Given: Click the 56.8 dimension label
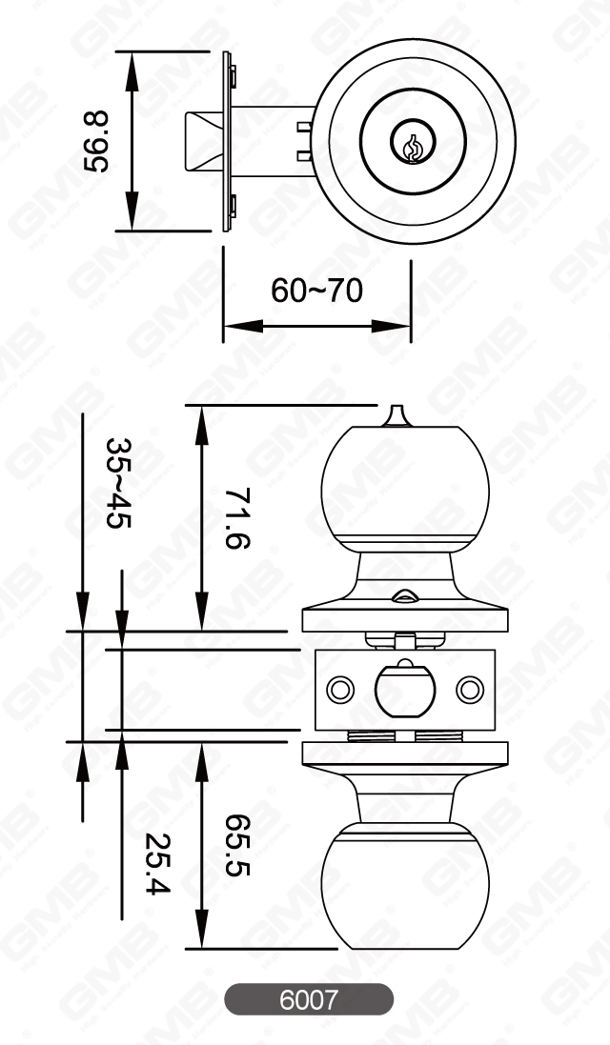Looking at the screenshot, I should click(x=96, y=141).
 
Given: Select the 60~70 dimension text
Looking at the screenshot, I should click(x=316, y=290).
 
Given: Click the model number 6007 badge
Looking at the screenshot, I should click(x=308, y=1000).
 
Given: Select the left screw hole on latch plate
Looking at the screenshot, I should click(x=338, y=688).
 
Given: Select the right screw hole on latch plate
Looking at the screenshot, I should click(x=467, y=688).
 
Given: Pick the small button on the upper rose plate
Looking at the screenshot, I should click(x=403, y=597).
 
